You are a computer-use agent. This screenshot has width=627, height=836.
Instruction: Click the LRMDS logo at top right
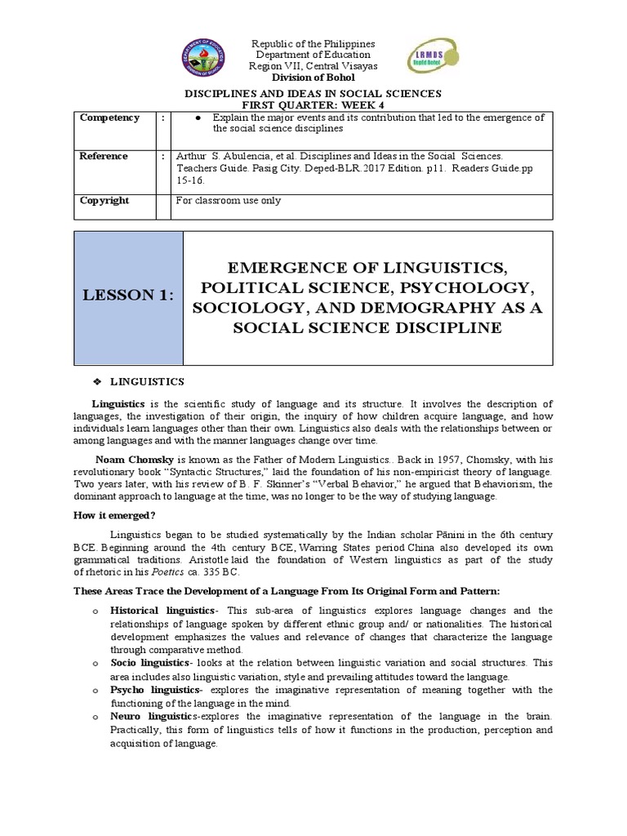(x=429, y=59)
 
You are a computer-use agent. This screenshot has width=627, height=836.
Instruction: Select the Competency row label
(x=109, y=118)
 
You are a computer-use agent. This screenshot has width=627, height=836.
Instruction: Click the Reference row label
(x=104, y=156)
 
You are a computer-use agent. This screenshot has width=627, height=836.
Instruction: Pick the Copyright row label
(x=104, y=200)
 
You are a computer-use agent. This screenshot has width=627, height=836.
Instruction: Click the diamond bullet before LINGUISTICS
(x=99, y=382)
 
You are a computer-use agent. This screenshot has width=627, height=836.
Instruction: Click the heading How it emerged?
(x=120, y=514)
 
